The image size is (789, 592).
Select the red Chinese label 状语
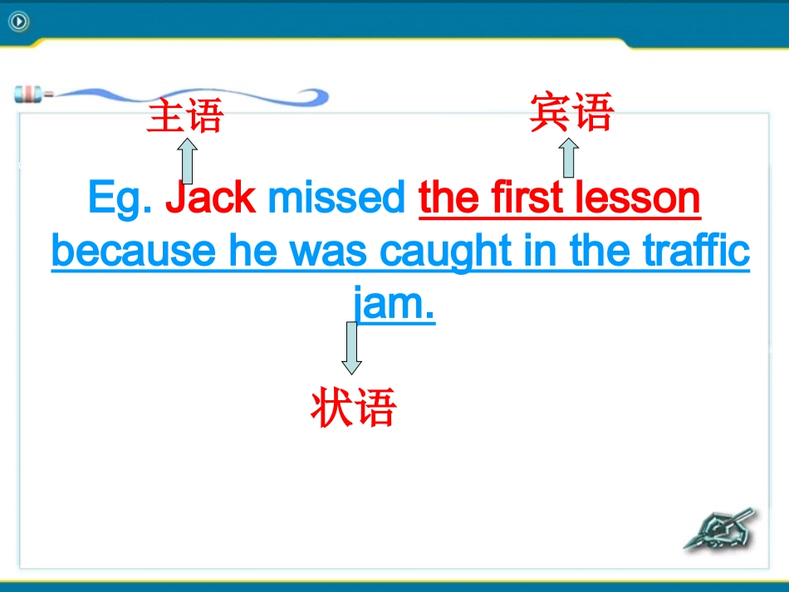(354, 408)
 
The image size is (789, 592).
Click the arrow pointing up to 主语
(188, 161)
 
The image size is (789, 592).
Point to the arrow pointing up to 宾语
(568, 158)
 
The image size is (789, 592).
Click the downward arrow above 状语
(352, 347)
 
